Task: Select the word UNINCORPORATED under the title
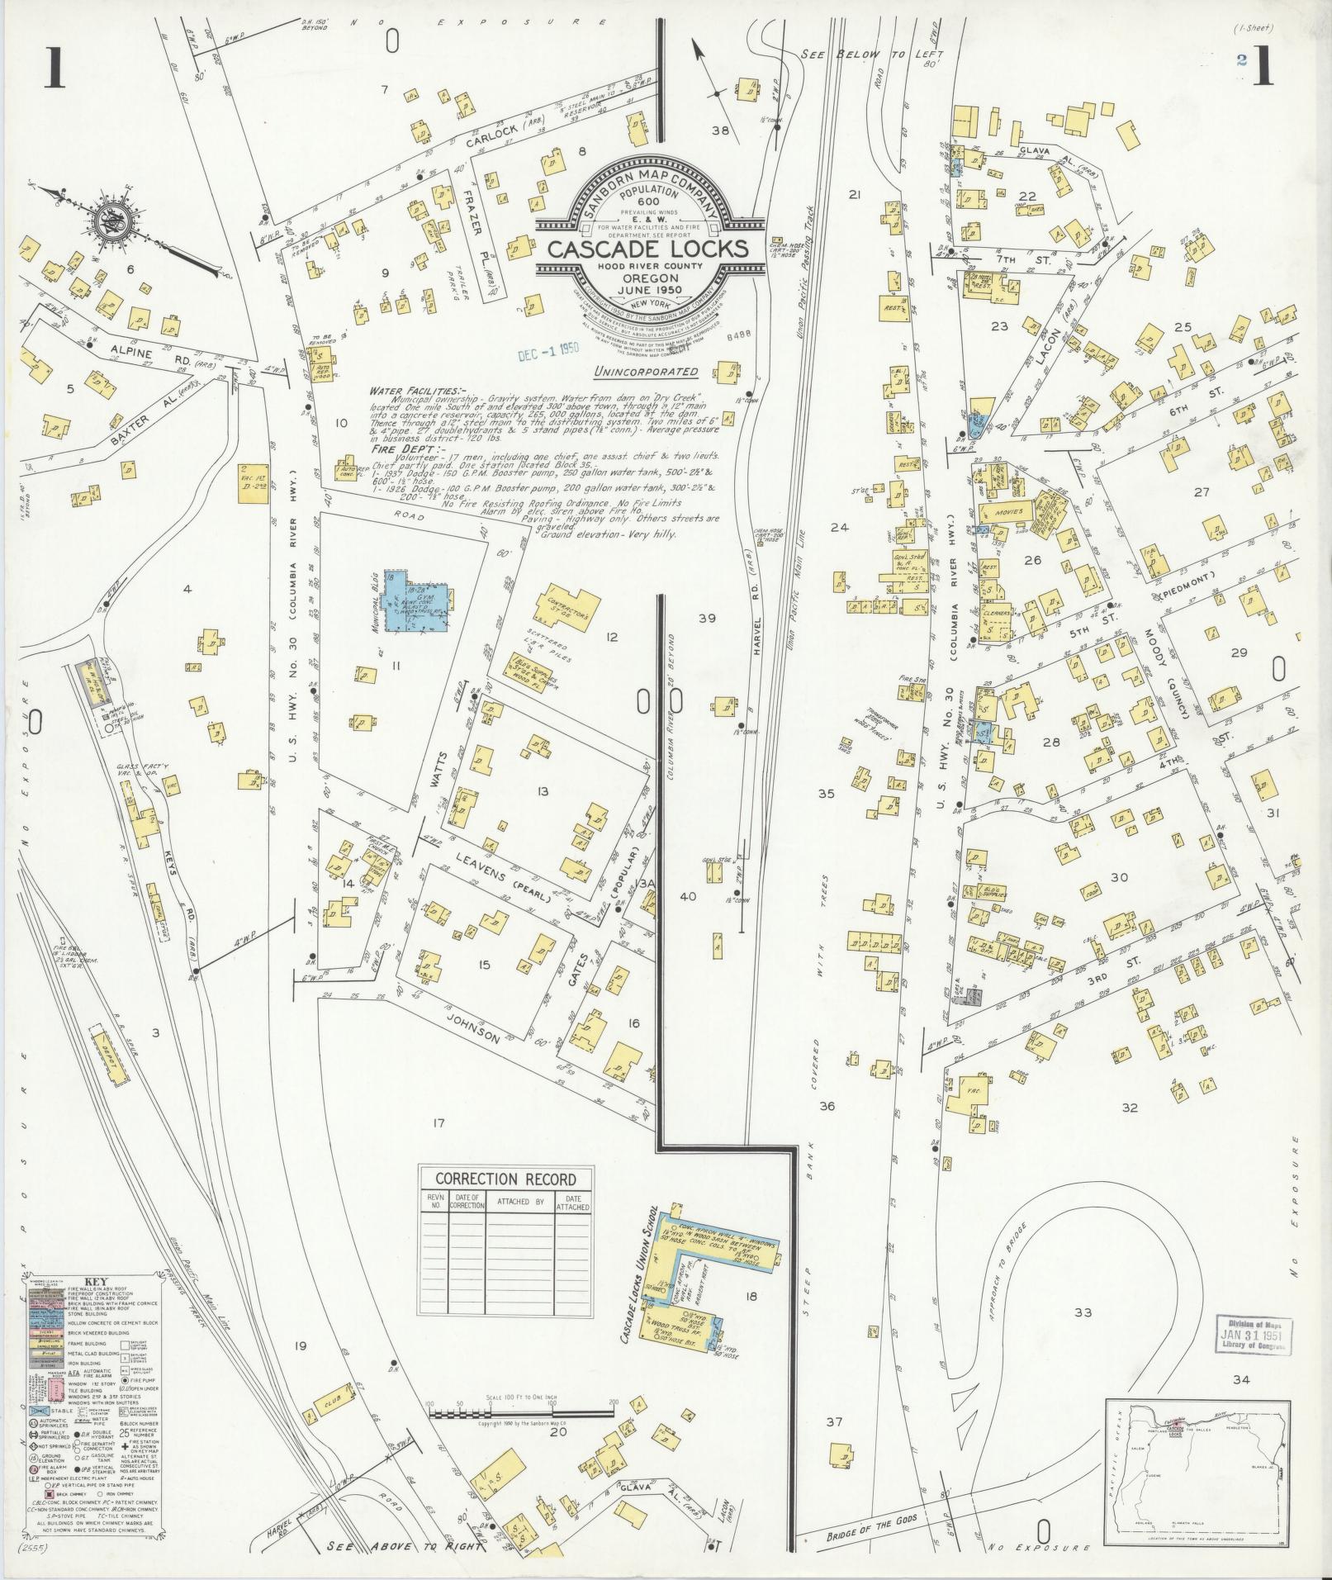click(x=645, y=372)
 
